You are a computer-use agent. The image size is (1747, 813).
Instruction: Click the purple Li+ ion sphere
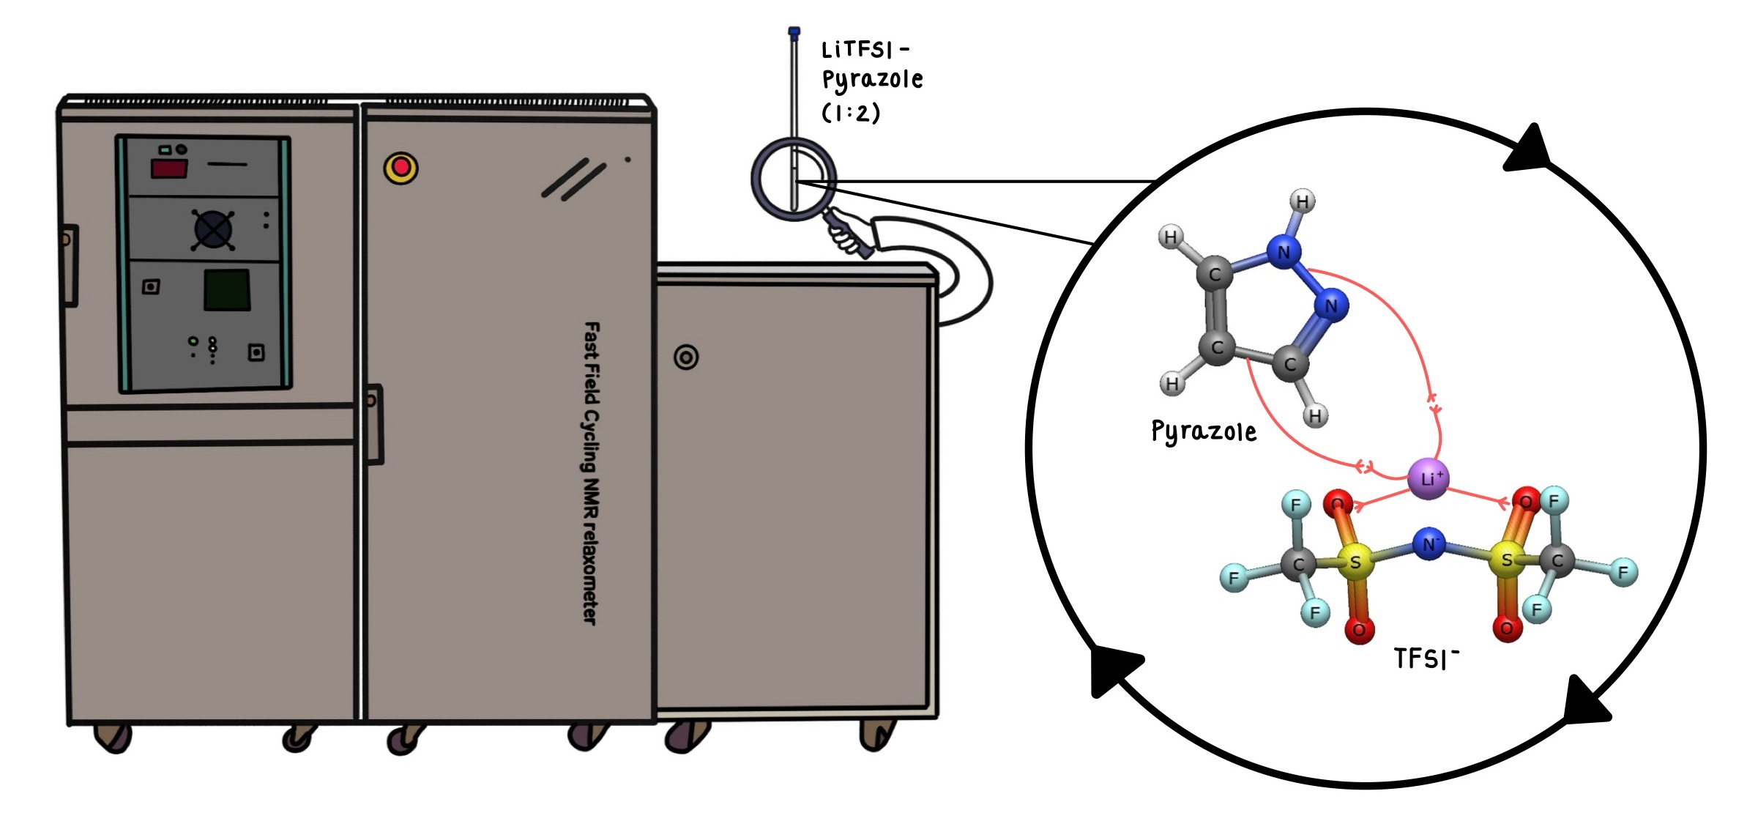(x=1428, y=479)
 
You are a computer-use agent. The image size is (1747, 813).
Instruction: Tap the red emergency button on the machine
(x=401, y=168)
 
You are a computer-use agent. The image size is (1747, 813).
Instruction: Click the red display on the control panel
(x=168, y=169)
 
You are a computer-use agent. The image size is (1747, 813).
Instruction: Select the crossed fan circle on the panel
(x=213, y=230)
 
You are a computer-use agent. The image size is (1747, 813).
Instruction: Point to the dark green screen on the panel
(x=227, y=290)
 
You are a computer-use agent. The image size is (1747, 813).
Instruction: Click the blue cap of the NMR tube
(x=794, y=31)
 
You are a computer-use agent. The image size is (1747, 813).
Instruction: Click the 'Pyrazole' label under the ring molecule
(x=1204, y=432)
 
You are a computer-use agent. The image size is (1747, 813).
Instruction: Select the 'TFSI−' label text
(x=1425, y=658)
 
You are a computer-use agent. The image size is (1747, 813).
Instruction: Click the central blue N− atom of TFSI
(x=1428, y=544)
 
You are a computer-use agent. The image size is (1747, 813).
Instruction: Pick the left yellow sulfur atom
(x=1355, y=562)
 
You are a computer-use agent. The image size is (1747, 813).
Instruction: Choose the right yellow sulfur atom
(x=1507, y=560)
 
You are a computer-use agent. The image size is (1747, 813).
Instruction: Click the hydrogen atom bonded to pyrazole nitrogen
(x=1302, y=201)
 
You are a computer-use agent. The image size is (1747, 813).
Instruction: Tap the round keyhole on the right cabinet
(x=686, y=357)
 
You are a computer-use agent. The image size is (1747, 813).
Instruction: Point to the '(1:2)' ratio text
(x=851, y=114)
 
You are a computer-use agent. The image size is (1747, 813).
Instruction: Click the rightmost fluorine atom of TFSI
(x=1623, y=571)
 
